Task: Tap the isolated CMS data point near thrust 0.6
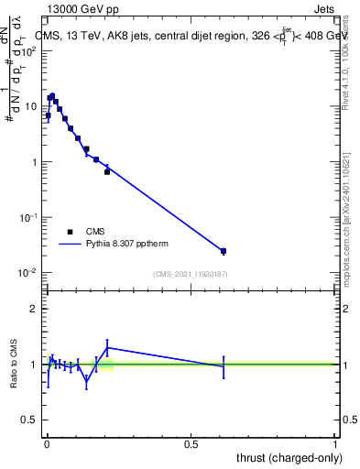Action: pyautogui.click(x=224, y=251)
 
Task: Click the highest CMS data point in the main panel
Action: pyautogui.click(x=52, y=96)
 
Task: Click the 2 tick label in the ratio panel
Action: pyautogui.click(x=34, y=309)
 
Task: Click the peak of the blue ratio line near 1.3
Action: pyautogui.click(x=108, y=347)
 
